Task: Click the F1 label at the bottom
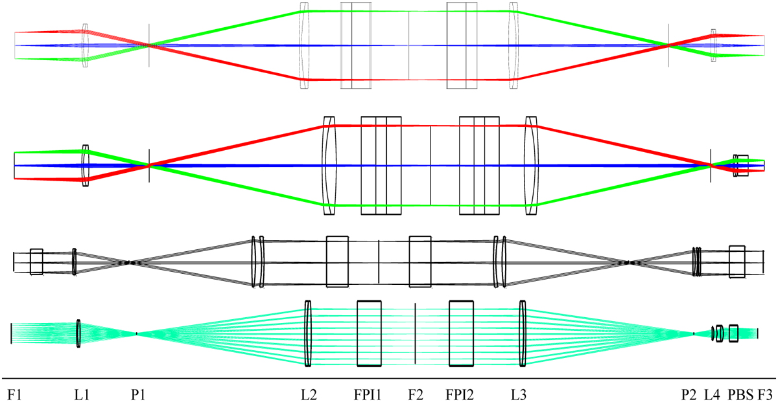14,395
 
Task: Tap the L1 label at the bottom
82,395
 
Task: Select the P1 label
138,395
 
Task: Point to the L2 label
309,395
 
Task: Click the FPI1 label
368,395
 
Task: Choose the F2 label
416,395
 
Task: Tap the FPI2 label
460,395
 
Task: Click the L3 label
519,395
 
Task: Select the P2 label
689,395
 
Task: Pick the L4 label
713,395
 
